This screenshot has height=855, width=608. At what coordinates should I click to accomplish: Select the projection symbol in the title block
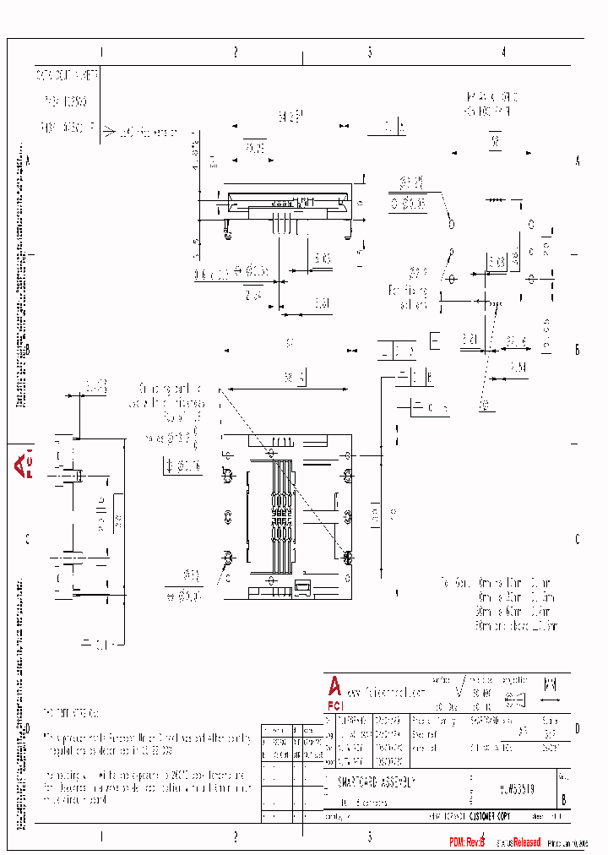(514, 699)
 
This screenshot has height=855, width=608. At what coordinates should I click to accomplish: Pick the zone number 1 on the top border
(101, 52)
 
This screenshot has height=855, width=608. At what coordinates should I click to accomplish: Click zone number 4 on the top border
(503, 52)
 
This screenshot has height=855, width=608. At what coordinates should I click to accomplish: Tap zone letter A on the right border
(578, 161)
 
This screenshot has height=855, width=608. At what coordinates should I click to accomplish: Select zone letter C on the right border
(578, 539)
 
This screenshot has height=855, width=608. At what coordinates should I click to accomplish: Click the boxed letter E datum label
(435, 341)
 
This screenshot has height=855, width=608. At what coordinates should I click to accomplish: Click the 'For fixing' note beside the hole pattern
(409, 297)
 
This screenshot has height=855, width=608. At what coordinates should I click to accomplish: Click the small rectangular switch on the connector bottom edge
(302, 585)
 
